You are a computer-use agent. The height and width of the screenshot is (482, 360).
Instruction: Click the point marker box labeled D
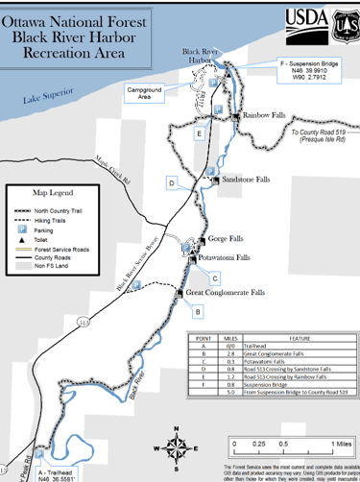click(171, 182)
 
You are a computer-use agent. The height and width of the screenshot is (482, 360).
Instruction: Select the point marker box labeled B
click(197, 311)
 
